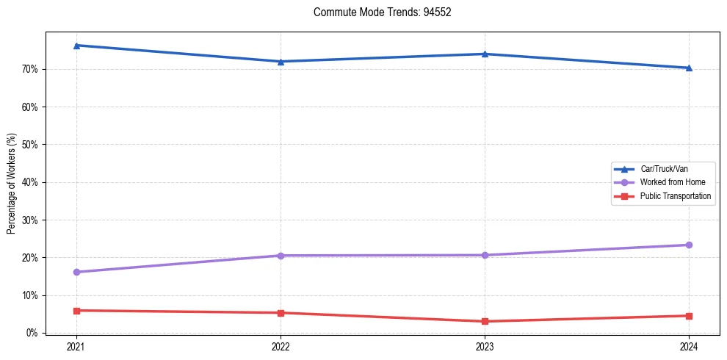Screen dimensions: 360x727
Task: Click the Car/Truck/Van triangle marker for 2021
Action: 76,46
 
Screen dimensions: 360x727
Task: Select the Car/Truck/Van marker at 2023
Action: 485,54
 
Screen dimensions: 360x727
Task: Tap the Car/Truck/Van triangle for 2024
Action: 689,68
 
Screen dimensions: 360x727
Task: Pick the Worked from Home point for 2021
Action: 76,272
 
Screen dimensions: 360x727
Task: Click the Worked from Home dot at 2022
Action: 281,256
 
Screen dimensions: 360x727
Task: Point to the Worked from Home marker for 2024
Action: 689,245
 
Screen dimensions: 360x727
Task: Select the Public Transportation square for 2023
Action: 485,321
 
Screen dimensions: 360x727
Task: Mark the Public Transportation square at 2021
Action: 76,310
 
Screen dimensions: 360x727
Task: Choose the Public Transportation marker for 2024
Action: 689,316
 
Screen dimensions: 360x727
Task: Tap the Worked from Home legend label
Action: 672,182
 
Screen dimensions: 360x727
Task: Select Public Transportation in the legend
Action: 675,196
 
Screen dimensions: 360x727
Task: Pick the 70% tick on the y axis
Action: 29,70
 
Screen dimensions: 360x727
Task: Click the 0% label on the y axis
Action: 32,333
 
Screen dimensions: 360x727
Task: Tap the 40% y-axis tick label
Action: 29,182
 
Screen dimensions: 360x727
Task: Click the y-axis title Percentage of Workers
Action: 12,184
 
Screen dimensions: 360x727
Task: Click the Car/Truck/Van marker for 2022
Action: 281,61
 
